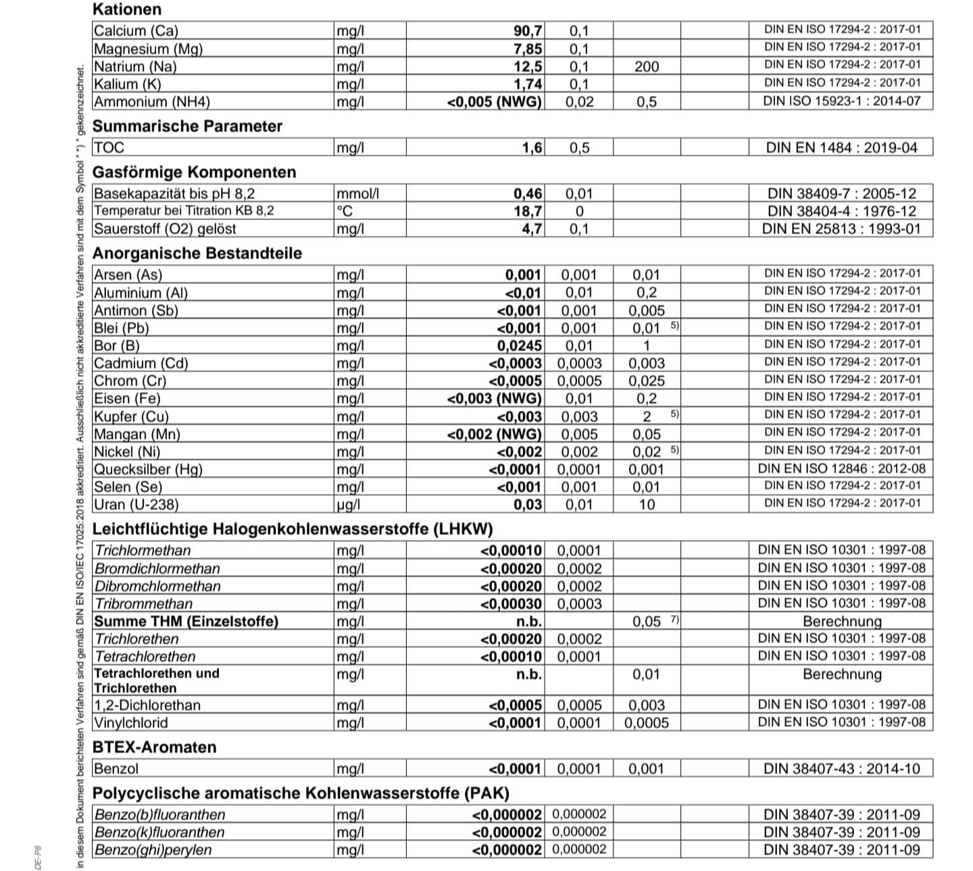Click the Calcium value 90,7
[527, 30]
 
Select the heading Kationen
[126, 9]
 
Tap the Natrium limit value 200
[646, 66]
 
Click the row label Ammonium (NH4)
[152, 102]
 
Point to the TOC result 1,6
[532, 147]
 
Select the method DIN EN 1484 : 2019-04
[841, 147]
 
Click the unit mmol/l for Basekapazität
[357, 193]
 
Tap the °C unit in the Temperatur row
[345, 211]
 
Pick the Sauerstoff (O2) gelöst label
[165, 228]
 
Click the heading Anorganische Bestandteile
[197, 253]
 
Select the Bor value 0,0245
[519, 346]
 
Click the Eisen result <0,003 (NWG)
[495, 399]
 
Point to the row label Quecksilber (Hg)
[148, 470]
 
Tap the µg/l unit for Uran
[348, 505]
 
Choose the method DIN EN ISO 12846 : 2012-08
[841, 469]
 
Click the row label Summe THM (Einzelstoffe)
[186, 622]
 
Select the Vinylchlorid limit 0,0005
[646, 723]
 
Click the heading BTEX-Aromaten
[154, 747]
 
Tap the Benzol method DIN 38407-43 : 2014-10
[841, 769]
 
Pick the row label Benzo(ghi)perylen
[153, 850]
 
